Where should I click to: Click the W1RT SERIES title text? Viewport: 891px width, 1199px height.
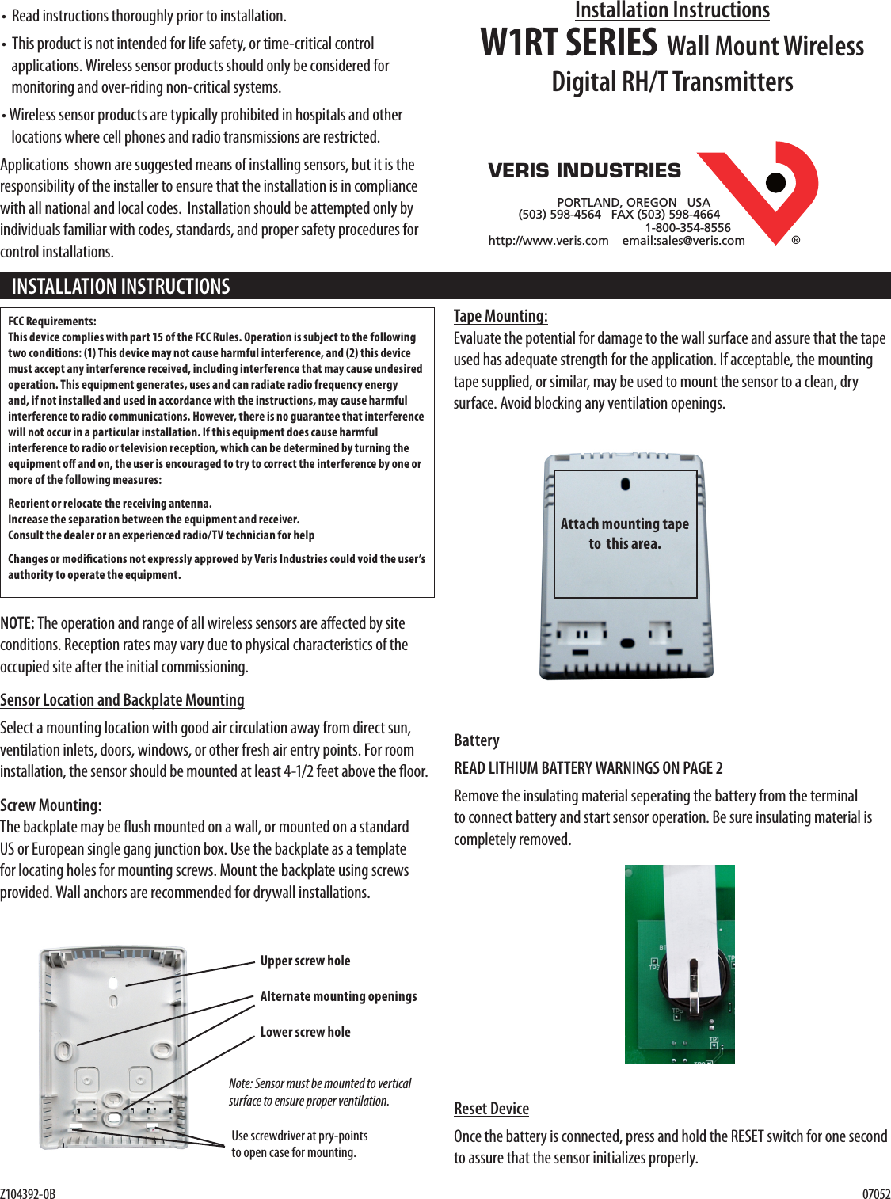pos(569,44)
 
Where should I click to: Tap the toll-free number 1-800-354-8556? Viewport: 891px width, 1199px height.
pos(687,227)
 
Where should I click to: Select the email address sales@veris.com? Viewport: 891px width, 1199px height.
pos(683,241)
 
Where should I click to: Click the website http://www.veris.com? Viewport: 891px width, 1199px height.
pos(548,241)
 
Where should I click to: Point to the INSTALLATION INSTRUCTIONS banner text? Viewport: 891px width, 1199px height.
pos(120,286)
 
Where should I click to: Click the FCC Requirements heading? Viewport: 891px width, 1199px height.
pos(52,322)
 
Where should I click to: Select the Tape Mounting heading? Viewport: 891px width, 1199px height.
pos(501,316)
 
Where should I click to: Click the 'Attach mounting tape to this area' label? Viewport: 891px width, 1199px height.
pos(625,534)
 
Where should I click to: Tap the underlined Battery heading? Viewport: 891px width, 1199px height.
pos(477,740)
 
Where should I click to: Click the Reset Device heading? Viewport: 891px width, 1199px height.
pos(491,1109)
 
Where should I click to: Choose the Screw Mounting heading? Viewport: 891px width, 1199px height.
pos(51,805)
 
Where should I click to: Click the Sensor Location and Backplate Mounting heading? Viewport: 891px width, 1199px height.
pos(122,700)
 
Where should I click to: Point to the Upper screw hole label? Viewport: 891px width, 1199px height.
pos(305,961)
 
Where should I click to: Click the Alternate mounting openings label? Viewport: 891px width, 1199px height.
pos(338,996)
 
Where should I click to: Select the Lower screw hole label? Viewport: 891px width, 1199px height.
pos(305,1032)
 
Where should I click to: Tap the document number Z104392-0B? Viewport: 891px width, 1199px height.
pos(29,1193)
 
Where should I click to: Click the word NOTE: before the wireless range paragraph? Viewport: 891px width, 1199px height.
pos(17,623)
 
